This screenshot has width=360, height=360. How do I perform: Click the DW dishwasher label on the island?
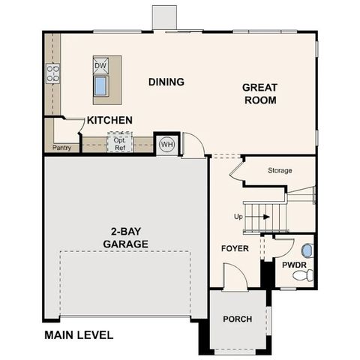click(100, 66)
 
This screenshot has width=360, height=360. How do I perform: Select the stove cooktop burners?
click(53, 73)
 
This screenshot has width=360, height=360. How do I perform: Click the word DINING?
click(166, 82)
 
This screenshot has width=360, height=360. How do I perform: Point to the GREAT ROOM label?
click(259, 94)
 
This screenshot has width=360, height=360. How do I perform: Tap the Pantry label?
click(62, 148)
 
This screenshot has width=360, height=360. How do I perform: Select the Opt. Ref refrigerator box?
click(120, 143)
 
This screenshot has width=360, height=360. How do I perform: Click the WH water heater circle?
click(166, 144)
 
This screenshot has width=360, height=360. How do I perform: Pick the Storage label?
click(280, 170)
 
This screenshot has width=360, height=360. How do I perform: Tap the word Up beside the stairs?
click(239, 217)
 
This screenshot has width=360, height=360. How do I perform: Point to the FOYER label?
click(235, 248)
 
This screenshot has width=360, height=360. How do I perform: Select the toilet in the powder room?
click(301, 277)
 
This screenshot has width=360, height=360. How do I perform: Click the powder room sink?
click(306, 250)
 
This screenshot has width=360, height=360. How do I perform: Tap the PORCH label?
click(238, 319)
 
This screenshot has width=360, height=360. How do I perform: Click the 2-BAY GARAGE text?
click(124, 238)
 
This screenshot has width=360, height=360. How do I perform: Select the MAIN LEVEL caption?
click(79, 335)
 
